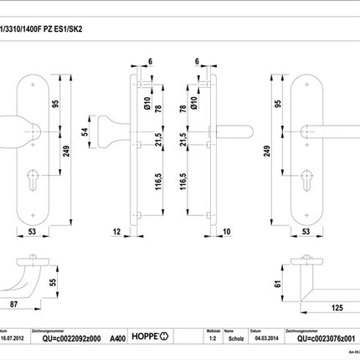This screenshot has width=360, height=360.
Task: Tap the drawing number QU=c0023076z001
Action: pyautogui.click(x=321, y=339)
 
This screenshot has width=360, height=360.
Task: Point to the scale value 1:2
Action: pyautogui.click(x=212, y=339)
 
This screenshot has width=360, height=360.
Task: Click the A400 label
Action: pyautogui.click(x=120, y=339)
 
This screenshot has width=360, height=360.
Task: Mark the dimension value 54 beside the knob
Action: pyautogui.click(x=83, y=132)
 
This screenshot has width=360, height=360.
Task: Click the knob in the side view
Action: pyautogui.click(x=110, y=132)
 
